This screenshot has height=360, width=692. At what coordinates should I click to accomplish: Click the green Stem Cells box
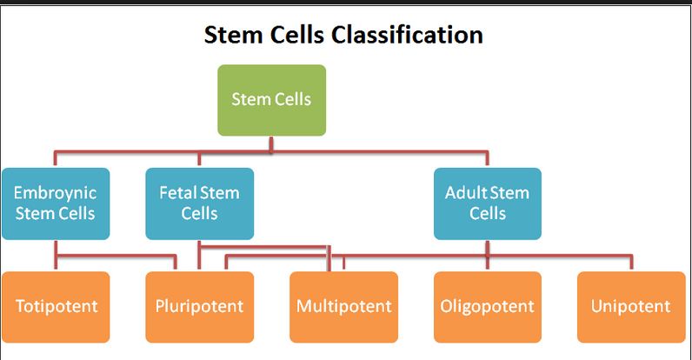pos(271,99)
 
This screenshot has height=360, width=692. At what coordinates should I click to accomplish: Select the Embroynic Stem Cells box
pos(56,203)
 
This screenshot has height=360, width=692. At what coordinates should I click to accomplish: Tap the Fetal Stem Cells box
pos(199,203)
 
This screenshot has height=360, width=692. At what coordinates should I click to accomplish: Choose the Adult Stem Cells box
pos(487,203)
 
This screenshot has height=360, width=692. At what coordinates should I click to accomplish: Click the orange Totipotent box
pos(56,306)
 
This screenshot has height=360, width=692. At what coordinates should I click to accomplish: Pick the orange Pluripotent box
pos(199,306)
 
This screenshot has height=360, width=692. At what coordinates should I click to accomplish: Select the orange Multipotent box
pos(343,306)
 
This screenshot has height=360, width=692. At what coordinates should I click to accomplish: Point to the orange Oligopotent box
pos(487,306)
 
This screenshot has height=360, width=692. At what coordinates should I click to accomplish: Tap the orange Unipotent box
pos(630,306)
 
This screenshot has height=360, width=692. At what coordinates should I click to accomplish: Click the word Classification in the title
pos(401,35)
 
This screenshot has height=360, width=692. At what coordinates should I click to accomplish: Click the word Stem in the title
pos(230,35)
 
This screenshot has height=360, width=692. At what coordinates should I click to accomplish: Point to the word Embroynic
pos(56,193)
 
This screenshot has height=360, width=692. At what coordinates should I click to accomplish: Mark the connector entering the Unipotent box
pos(631,263)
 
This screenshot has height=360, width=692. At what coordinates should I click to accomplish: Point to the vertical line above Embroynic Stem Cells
pos(56,160)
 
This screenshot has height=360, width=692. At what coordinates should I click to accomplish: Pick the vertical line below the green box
pos(272,143)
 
